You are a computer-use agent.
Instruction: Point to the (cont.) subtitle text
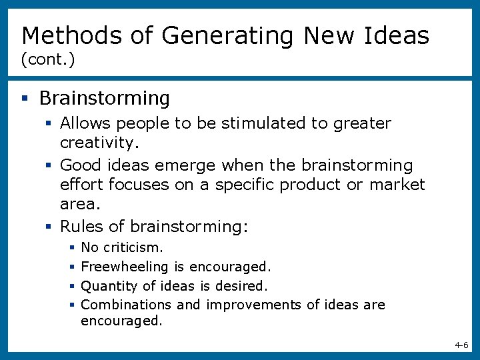coord(48,60)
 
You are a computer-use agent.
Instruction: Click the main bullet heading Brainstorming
coord(105,99)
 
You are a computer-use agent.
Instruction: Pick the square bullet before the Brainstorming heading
coord(25,99)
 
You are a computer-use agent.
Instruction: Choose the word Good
coord(81,165)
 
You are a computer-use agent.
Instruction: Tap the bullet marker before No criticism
coord(71,248)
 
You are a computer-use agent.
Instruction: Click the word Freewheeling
coord(125,267)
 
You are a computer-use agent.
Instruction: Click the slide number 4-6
coord(461,345)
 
